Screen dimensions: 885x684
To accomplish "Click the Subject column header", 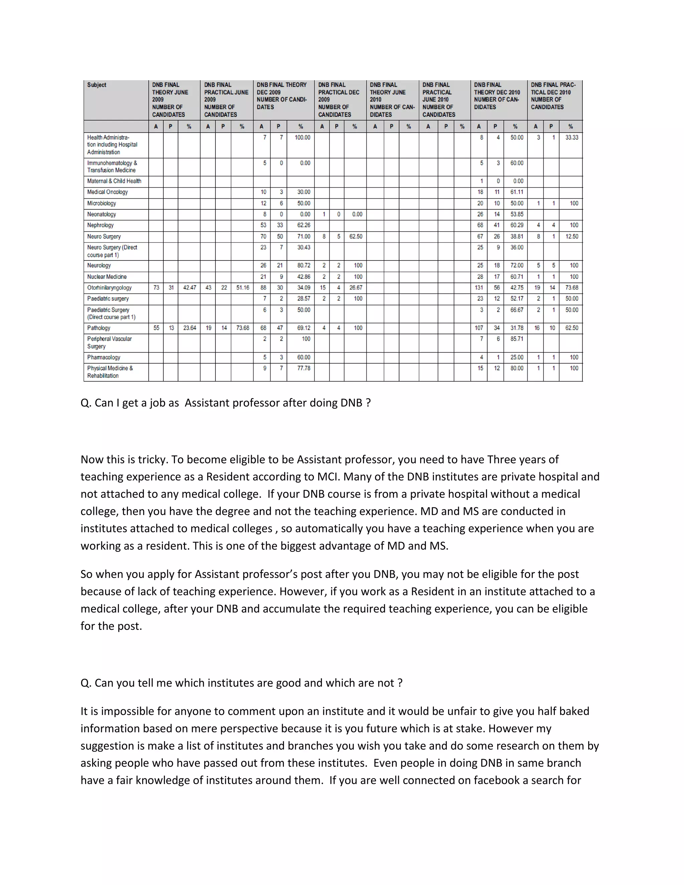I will [x=97, y=85].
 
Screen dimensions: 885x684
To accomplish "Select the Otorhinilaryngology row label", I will [x=110, y=288].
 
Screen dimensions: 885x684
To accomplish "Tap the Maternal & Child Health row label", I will [x=114, y=181].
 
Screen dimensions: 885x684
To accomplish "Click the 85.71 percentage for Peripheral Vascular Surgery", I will [x=517, y=339].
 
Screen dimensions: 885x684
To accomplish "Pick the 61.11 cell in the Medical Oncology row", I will [x=517, y=192].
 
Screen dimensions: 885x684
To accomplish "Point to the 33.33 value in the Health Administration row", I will [x=572, y=138].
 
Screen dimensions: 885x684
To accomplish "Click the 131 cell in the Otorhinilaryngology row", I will [x=479, y=288].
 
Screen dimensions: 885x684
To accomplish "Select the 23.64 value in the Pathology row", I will [x=190, y=328].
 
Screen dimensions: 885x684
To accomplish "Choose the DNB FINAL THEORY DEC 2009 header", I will [x=282, y=96].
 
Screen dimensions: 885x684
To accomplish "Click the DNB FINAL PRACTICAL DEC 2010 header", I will [x=553, y=96].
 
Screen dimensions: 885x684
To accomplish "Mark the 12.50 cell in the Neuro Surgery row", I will [x=572, y=237].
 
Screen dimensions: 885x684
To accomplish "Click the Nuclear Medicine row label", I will [x=107, y=277].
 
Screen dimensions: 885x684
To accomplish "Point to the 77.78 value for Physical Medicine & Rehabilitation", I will [x=304, y=368].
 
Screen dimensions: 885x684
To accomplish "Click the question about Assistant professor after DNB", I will [x=226, y=403].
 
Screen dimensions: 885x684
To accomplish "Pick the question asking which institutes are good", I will [x=241, y=683].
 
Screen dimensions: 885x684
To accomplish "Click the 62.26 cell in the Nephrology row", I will [x=304, y=225].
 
